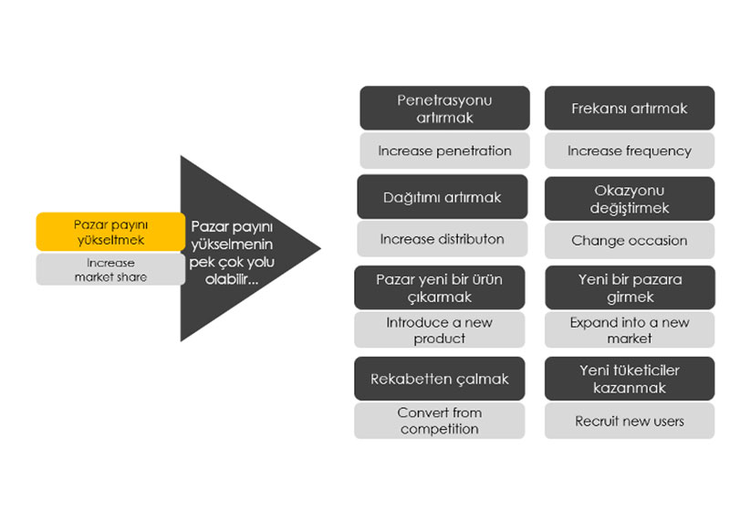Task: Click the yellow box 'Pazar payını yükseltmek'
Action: click(x=110, y=231)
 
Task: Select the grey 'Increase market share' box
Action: click(x=110, y=269)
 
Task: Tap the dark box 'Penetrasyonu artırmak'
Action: click(x=444, y=108)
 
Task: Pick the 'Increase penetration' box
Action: click(x=444, y=151)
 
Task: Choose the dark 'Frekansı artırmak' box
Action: click(x=630, y=108)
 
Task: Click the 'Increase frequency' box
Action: click(x=630, y=151)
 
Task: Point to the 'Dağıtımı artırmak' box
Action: click(x=443, y=197)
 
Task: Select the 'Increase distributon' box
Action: click(x=443, y=239)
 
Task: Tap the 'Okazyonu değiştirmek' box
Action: click(x=630, y=199)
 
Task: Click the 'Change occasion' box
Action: click(x=630, y=241)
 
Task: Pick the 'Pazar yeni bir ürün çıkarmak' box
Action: click(x=440, y=287)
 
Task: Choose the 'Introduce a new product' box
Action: click(x=440, y=330)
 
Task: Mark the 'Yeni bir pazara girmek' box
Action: click(x=630, y=287)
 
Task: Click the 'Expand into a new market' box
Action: click(x=630, y=330)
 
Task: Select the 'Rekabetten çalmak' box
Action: click(x=440, y=379)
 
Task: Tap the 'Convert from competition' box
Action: click(x=440, y=421)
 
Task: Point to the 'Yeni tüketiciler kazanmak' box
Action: click(x=630, y=379)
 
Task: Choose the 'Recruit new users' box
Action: click(x=630, y=421)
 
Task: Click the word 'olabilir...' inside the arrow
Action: click(x=232, y=279)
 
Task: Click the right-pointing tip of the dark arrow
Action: click(x=321, y=248)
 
